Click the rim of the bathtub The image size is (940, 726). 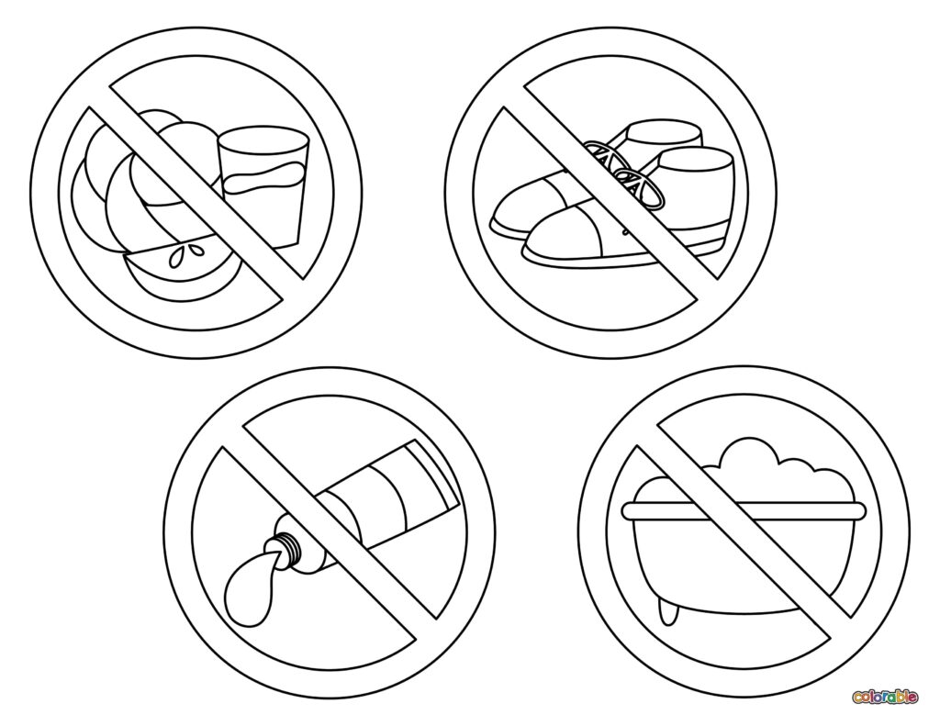(744, 511)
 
